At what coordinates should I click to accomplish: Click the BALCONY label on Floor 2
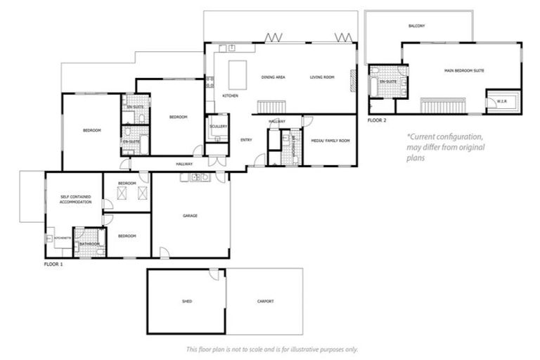416,26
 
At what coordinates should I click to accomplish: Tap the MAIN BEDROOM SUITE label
463,71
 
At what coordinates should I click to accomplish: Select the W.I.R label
501,101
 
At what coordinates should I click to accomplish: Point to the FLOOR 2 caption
377,120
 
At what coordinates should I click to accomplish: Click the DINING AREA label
272,77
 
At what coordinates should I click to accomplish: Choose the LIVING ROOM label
321,77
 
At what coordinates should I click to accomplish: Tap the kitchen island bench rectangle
238,73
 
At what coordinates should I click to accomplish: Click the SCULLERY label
217,127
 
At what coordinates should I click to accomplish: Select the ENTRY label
246,140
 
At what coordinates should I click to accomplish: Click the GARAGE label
189,216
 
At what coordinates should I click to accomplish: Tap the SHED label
186,301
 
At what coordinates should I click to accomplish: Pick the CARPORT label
264,301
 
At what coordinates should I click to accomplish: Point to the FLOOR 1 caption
53,264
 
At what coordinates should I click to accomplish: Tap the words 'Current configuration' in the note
445,137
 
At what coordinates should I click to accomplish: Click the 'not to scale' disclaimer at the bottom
271,349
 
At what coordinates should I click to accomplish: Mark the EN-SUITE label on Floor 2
387,82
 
